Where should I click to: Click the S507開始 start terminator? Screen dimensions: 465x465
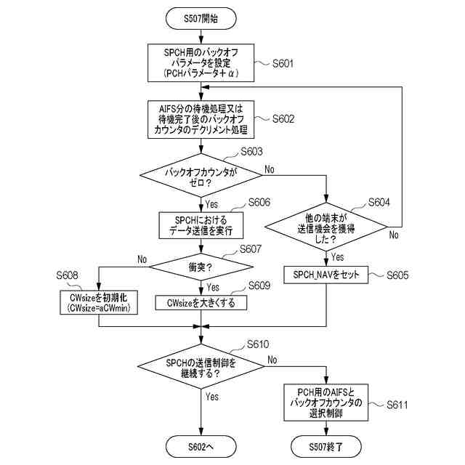tap(201, 18)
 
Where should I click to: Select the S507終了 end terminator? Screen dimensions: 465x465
tap(326, 447)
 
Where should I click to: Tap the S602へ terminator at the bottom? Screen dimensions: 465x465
tap(201, 447)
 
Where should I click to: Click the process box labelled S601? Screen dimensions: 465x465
tap(201, 63)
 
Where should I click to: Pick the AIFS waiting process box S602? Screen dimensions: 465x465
tap(201, 119)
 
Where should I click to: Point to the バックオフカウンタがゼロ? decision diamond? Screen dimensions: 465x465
tap(201, 175)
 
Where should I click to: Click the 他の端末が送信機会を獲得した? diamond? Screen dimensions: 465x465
tap(326, 227)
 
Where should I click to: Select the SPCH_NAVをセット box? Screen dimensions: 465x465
tap(326, 275)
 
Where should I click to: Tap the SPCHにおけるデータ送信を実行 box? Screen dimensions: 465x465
tap(201, 225)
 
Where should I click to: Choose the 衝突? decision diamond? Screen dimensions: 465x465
tap(201, 267)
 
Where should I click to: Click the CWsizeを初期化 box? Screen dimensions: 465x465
tap(99, 302)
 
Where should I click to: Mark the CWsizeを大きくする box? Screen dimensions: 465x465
tap(201, 303)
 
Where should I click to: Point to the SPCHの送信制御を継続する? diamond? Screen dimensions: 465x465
tap(201, 366)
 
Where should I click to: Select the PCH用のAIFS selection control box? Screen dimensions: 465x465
tap(326, 403)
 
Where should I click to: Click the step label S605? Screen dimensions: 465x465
tap(397, 275)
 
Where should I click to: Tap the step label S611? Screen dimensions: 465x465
tap(397, 405)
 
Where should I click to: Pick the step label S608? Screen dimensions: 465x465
tap(67, 275)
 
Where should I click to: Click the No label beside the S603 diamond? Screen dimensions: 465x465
tap(270, 169)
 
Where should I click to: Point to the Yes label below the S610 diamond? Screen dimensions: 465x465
tap(212, 397)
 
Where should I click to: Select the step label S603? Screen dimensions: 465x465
tap(251, 152)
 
